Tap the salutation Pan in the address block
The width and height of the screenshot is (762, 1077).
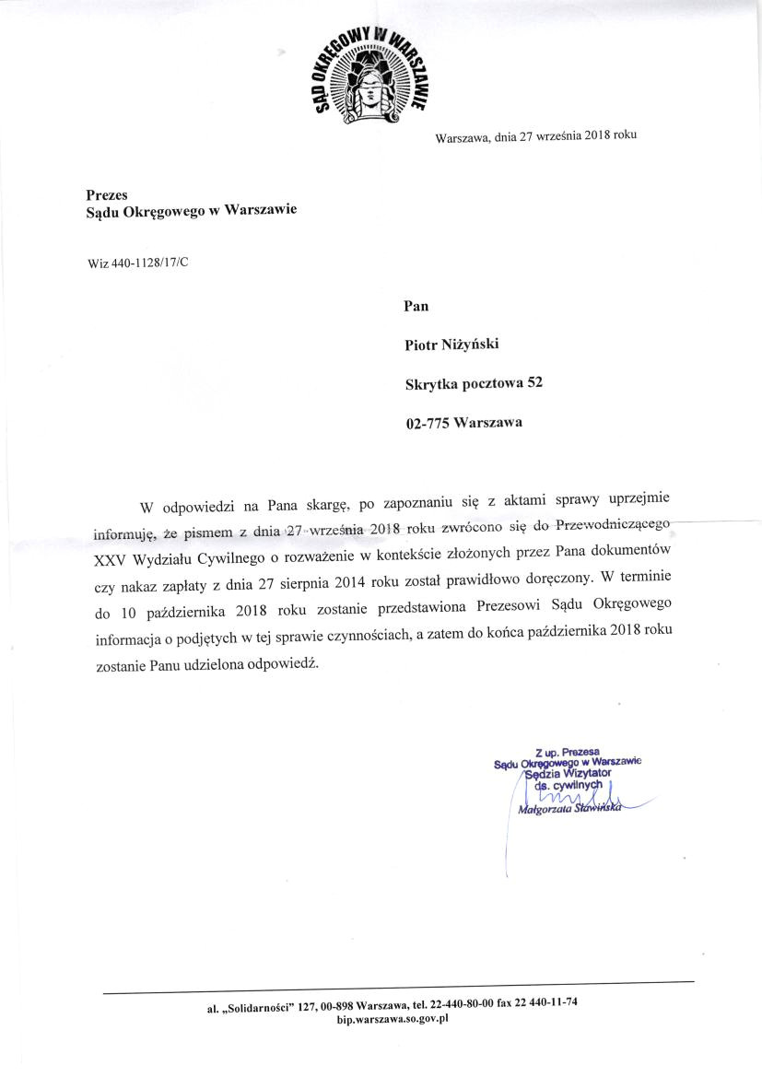417,306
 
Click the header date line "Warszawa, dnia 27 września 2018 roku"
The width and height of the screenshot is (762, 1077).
535,137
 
